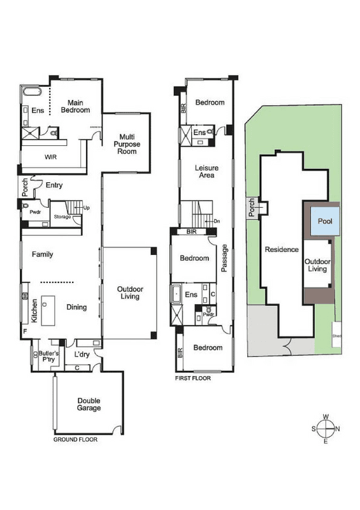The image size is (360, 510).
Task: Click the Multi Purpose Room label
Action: tap(127, 144)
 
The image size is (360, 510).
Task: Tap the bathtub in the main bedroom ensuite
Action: tap(32, 91)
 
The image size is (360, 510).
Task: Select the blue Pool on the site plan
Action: tap(325, 221)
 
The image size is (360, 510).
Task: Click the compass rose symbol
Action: tap(326, 429)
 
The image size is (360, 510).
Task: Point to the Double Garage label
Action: tap(89, 404)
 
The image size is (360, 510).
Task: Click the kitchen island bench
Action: tap(48, 310)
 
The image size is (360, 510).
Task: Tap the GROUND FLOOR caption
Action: tap(75, 439)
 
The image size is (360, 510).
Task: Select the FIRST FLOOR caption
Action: tap(193, 378)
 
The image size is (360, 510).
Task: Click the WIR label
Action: tap(51, 157)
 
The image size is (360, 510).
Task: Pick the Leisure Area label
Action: tap(206, 171)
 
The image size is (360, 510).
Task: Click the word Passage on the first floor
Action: tap(224, 258)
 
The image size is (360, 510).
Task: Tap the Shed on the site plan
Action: tap(336, 336)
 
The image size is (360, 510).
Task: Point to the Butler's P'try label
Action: tap(49, 356)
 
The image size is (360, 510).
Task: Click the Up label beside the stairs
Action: tap(87, 208)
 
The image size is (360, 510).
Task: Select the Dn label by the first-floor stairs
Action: tap(217, 221)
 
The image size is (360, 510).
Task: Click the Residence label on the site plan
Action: tap(282, 249)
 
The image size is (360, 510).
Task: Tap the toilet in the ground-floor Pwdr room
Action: tap(25, 206)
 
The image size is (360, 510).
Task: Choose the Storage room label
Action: tap(62, 217)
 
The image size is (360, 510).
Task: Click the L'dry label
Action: tap(82, 354)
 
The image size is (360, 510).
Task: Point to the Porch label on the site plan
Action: tap(252, 207)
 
